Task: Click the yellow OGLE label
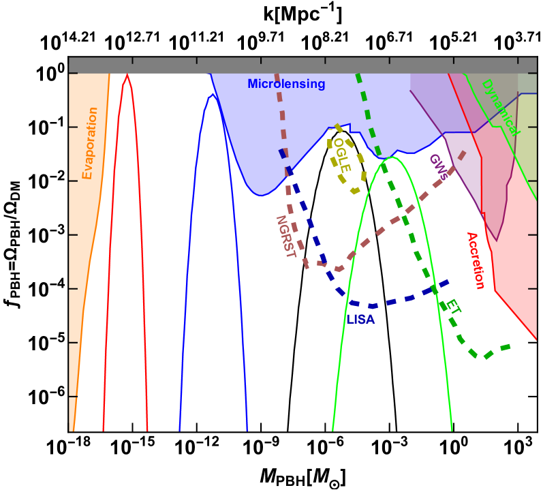point(341,155)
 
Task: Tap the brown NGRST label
point(285,236)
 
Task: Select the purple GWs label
point(437,167)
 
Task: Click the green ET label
point(452,309)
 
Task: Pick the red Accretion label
point(475,260)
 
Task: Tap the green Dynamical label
point(499,107)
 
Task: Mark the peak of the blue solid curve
point(212,95)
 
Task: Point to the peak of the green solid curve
point(390,157)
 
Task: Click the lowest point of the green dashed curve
point(486,356)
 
